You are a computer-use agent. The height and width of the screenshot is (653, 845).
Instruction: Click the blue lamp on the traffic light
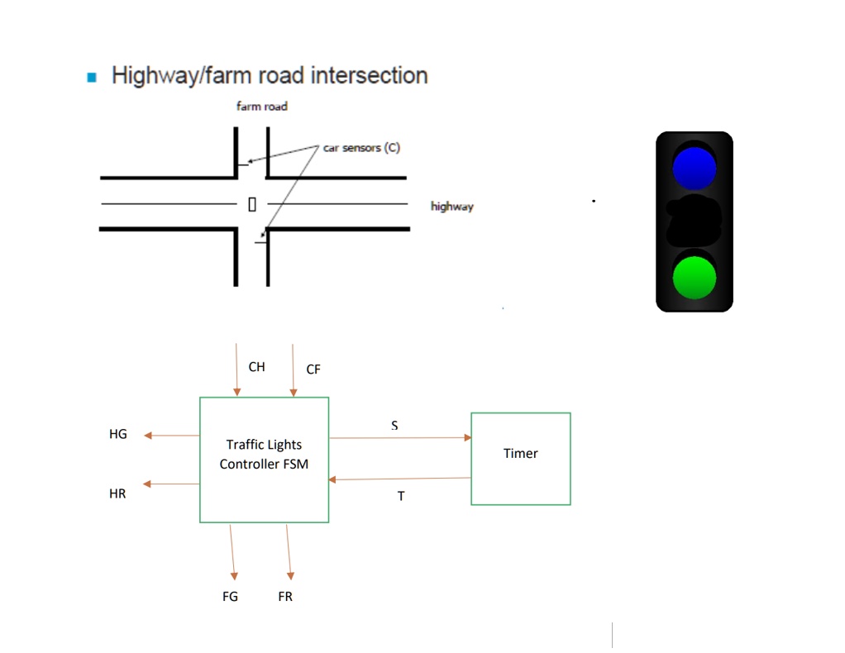pyautogui.click(x=695, y=167)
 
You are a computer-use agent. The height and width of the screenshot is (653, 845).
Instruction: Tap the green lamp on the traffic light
pyautogui.click(x=695, y=276)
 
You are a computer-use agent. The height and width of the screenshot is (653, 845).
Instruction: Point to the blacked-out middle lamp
pyautogui.click(x=695, y=222)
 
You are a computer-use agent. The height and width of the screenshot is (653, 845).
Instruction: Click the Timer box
pyautogui.click(x=521, y=458)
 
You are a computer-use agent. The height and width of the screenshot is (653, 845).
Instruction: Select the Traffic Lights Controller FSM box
pyautogui.click(x=264, y=459)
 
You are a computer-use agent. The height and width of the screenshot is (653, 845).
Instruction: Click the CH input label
pyautogui.click(x=257, y=367)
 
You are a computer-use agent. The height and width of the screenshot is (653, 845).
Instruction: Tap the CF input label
pyautogui.click(x=313, y=369)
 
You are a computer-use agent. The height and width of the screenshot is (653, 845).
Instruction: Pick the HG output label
pyautogui.click(x=118, y=434)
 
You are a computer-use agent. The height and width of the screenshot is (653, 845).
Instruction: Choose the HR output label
pyautogui.click(x=118, y=494)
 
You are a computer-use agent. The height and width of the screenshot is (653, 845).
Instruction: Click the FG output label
pyautogui.click(x=230, y=596)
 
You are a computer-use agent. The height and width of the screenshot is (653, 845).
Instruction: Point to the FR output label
pyautogui.click(x=285, y=596)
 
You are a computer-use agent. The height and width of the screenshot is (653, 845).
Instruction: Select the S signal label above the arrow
pyautogui.click(x=394, y=425)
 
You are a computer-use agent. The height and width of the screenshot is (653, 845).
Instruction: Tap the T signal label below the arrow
pyautogui.click(x=401, y=497)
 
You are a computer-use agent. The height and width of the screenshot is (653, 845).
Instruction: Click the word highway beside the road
pyautogui.click(x=451, y=207)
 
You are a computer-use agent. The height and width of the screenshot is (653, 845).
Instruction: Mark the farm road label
pyautogui.click(x=261, y=107)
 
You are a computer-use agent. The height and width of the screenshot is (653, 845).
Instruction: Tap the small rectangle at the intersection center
pyautogui.click(x=252, y=203)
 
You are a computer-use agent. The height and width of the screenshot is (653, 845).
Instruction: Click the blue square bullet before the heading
pyautogui.click(x=92, y=77)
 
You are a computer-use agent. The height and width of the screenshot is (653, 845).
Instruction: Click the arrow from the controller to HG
pyautogui.click(x=171, y=436)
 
